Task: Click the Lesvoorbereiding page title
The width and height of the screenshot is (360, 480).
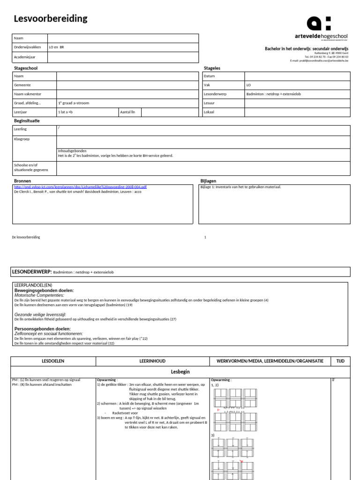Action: click(51, 19)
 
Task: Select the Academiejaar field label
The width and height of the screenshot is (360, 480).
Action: click(25, 57)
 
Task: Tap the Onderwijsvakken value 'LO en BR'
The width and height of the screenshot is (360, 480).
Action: click(56, 47)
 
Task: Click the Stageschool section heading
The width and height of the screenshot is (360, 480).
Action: click(26, 68)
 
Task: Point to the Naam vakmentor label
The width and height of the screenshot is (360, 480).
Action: click(27, 94)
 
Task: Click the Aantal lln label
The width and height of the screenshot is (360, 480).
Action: click(127, 112)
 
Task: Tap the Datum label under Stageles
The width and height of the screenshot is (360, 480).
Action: click(209, 76)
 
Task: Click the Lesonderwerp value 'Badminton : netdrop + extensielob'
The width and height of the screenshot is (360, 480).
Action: click(273, 94)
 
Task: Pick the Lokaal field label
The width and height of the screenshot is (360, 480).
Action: click(209, 112)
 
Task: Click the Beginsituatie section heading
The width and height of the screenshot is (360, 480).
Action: click(27, 121)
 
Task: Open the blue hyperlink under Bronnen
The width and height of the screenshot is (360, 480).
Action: click(80, 187)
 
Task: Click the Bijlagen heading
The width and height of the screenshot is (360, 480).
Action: click(208, 180)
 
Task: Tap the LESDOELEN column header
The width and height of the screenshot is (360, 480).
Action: click(53, 361)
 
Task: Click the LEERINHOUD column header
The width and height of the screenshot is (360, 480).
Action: click(152, 361)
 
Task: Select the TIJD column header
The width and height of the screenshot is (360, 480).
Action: click(340, 361)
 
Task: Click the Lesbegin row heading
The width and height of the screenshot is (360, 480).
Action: click(180, 371)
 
